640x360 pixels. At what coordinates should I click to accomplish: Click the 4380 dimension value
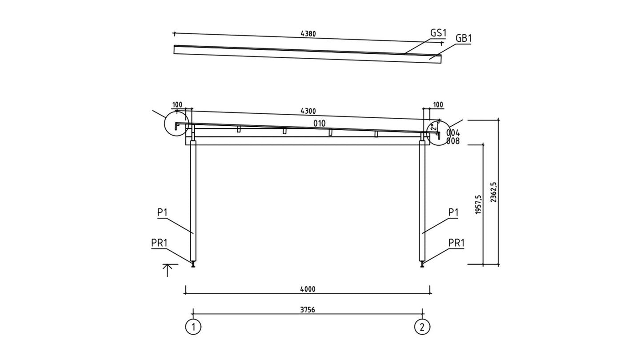tap(308, 34)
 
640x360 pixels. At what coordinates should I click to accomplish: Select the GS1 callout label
tap(438, 33)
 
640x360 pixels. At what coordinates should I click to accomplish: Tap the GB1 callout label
tap(464, 38)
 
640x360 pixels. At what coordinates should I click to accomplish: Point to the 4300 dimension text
tap(308, 111)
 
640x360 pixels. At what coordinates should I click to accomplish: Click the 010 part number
tap(320, 124)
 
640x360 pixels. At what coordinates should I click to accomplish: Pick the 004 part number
tap(453, 133)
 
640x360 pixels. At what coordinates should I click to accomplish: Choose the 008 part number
tap(453, 141)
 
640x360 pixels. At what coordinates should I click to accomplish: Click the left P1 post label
tap(162, 212)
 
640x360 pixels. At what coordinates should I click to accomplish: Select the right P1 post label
tap(453, 212)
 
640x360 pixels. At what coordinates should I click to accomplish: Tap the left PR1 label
tap(159, 243)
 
